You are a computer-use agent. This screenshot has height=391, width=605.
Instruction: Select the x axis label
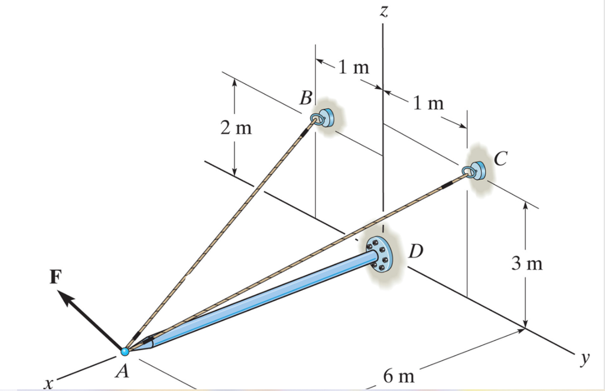point(47,384)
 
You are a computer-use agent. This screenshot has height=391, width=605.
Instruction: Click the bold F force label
point(54,279)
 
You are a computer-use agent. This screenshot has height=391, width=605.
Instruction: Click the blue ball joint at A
point(125,351)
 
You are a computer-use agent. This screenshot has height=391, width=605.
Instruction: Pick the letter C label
point(500,158)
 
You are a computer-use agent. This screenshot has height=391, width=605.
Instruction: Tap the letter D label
point(416,252)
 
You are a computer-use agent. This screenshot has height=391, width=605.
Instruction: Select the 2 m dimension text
point(236,128)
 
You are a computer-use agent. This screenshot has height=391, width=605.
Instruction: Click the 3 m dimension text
point(526,264)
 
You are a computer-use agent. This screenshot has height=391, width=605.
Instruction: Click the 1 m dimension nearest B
point(353,67)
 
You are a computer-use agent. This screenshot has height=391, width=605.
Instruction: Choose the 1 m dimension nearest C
point(428,104)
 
